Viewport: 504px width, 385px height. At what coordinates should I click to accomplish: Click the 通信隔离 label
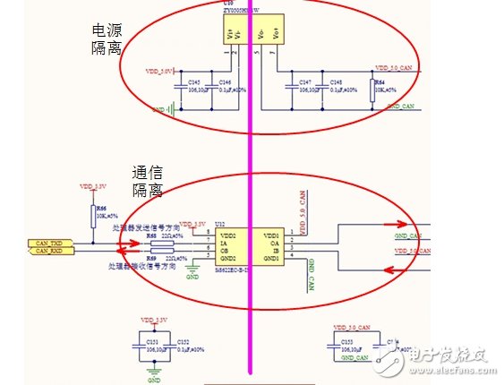click(x=146, y=182)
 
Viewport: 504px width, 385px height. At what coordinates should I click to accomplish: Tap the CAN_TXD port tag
click(x=50, y=243)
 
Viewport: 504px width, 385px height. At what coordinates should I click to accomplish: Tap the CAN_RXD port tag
click(x=50, y=252)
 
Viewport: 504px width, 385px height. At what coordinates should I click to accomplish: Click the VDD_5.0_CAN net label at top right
click(x=394, y=68)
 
